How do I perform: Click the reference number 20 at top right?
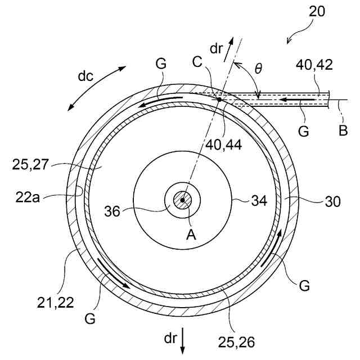pos(317,12)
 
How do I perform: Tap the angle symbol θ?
pos(258,69)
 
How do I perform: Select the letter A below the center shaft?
pos(191,236)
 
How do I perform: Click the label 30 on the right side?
pos(332,201)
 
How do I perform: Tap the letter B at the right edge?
pos(344,131)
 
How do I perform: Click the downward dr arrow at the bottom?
pos(183,344)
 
